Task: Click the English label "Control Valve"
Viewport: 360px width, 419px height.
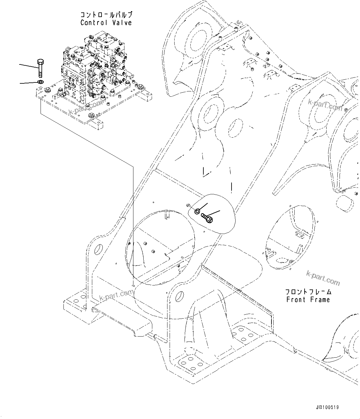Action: click(x=106, y=23)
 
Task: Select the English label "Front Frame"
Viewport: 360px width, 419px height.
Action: click(x=308, y=300)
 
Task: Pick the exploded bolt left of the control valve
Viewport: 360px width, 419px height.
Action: click(x=41, y=68)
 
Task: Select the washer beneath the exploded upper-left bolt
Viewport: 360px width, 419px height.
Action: click(x=40, y=82)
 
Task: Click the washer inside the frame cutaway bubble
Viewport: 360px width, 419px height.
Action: click(x=197, y=211)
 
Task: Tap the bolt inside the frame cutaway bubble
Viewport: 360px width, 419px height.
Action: click(x=207, y=218)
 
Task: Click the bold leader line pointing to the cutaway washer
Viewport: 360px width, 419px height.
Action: click(x=203, y=207)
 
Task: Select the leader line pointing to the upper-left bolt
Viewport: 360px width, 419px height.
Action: click(x=29, y=67)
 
